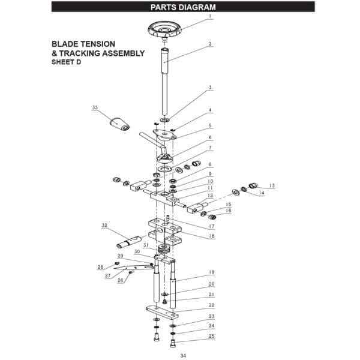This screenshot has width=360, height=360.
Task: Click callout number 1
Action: point(210,17)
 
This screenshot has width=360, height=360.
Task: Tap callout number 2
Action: point(210,44)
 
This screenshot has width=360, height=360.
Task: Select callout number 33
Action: point(95,107)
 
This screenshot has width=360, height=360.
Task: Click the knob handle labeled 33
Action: point(119,124)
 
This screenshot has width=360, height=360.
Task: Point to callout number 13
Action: point(271,186)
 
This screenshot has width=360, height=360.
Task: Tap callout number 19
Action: point(211,272)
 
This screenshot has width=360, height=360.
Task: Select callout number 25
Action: point(211,337)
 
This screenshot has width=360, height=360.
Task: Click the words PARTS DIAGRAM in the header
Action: point(182,7)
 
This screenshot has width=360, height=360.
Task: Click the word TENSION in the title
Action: point(98,44)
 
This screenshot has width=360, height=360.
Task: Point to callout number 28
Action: point(100,267)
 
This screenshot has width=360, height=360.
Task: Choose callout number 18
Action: point(211,236)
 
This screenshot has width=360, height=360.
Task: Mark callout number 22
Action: point(211,305)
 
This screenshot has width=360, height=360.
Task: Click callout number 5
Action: point(210,125)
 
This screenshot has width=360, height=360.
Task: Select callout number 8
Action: point(210,164)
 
